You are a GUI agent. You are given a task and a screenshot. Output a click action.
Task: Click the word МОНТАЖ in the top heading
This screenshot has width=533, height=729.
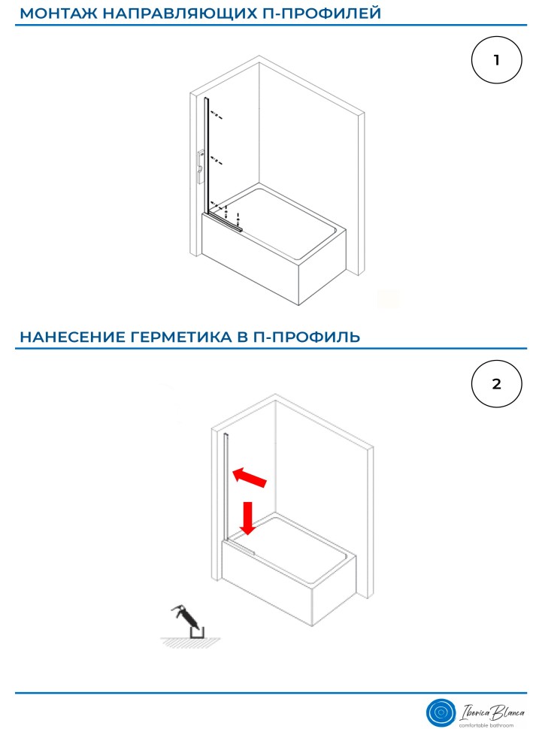58,13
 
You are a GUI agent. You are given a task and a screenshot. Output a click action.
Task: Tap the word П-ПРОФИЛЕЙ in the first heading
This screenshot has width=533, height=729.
319,13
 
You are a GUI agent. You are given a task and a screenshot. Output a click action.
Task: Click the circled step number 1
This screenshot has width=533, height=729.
497,60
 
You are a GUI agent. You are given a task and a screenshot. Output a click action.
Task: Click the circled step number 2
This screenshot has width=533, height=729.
497,384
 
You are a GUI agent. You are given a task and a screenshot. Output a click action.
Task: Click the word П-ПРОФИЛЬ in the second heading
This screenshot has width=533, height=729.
307,336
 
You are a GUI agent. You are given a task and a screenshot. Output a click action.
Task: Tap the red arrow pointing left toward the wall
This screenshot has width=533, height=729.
250,478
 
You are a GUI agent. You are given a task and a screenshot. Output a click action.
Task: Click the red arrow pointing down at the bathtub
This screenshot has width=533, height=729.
248,518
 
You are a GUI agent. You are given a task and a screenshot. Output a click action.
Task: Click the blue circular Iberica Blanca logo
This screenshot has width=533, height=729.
441,712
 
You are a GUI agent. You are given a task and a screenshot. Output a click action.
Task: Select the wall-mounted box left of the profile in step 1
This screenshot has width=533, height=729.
201,166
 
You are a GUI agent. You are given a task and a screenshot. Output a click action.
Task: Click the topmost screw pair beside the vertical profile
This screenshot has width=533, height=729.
217,115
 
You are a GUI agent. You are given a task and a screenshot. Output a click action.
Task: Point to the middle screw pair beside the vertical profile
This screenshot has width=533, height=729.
217,161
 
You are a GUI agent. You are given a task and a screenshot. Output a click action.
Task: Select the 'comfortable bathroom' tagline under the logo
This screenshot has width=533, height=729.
486,725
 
